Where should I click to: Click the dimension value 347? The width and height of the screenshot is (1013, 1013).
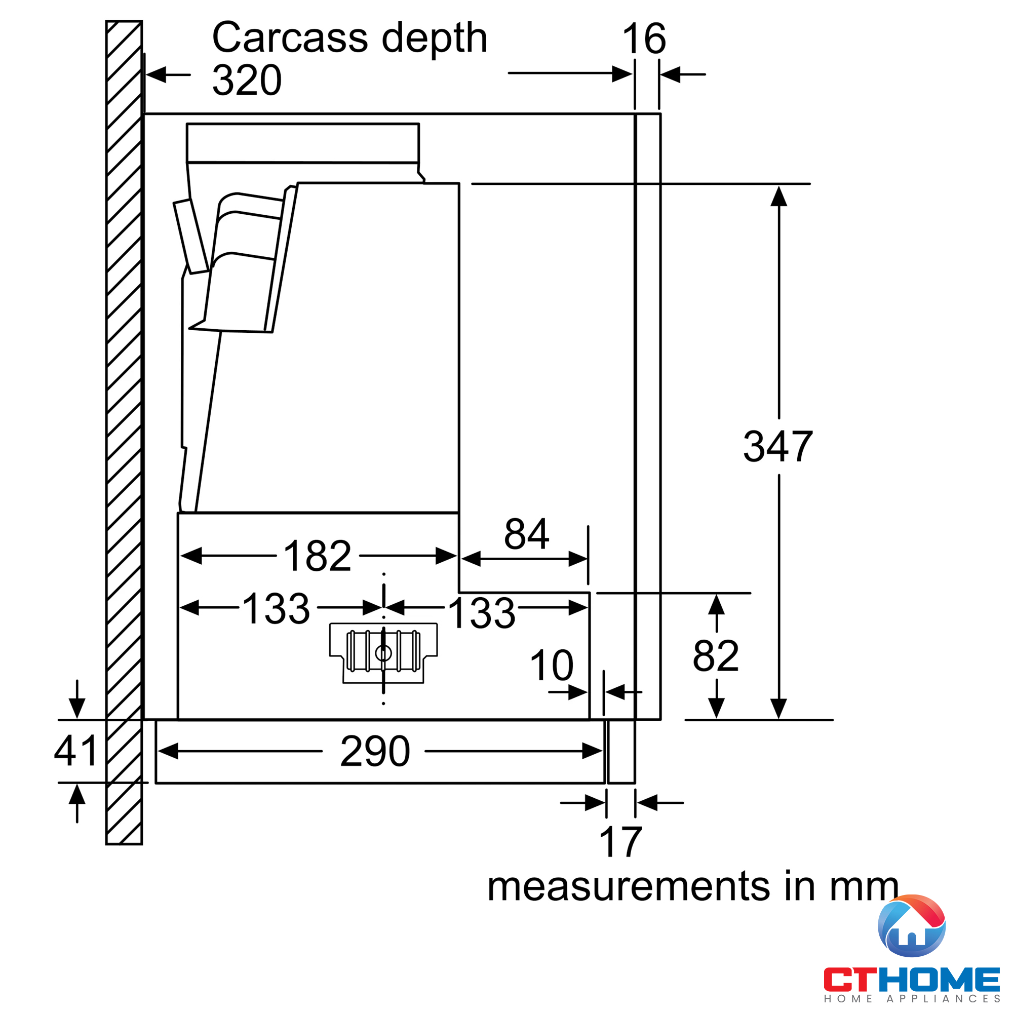(x=777, y=446)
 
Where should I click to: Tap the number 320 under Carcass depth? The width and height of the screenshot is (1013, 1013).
(x=247, y=80)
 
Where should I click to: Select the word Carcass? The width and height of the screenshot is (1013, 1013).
(x=290, y=38)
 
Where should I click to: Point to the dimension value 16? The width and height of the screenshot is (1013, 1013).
(x=644, y=38)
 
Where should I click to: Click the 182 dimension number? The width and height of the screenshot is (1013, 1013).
(x=317, y=556)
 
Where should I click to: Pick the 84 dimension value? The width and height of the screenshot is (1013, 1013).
(x=526, y=534)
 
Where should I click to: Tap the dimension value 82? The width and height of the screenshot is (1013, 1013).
(x=716, y=656)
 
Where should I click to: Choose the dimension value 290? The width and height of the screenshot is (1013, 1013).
(x=374, y=751)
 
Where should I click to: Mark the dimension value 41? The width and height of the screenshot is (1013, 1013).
(x=76, y=750)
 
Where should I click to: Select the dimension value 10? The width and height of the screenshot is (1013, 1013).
(x=552, y=665)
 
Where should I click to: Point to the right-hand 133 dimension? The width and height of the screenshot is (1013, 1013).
(x=482, y=612)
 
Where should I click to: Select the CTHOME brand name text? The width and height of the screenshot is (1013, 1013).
(x=912, y=980)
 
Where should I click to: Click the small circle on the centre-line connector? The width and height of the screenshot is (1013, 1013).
(x=383, y=653)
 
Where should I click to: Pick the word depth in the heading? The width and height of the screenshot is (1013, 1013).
(x=434, y=38)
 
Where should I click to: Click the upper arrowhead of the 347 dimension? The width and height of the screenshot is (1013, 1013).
(x=778, y=196)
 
